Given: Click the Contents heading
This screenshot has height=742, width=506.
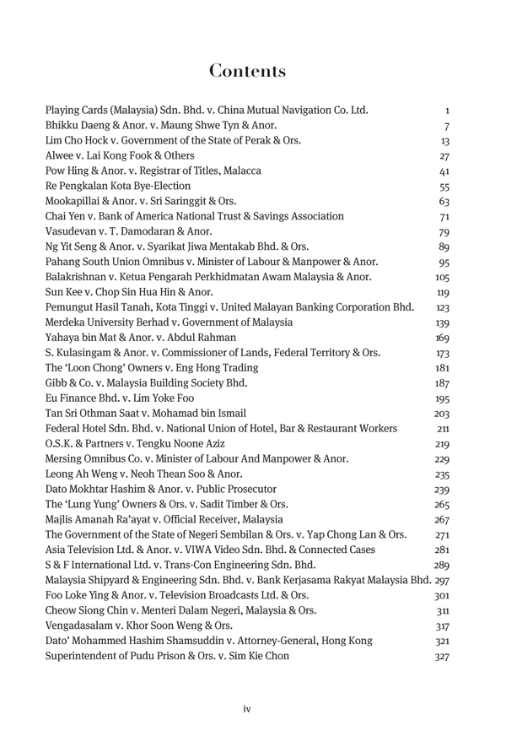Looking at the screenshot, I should [247, 71].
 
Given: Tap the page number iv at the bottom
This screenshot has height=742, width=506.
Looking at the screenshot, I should [247, 709].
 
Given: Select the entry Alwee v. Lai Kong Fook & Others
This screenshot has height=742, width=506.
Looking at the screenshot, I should [120, 155].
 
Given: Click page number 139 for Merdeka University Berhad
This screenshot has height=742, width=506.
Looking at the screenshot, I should [442, 322].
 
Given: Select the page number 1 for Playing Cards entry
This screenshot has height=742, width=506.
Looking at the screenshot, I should [446, 111].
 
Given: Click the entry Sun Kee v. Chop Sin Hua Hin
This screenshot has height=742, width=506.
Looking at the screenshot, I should [129, 292].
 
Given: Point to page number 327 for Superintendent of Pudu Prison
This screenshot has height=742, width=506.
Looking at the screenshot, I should [442, 657].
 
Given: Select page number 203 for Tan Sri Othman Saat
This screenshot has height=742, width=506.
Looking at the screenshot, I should [442, 414].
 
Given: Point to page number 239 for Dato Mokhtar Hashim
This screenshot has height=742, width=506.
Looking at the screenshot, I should [442, 490].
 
